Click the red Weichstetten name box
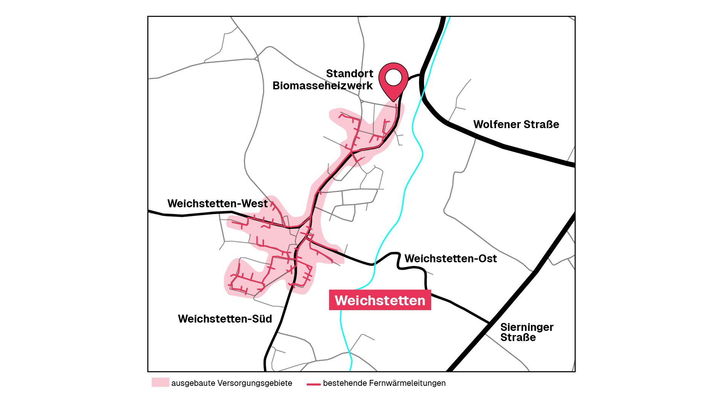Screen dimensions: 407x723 380,300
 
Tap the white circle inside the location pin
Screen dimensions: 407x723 394,78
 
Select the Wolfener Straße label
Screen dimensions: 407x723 516,124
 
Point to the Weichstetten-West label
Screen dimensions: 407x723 217,203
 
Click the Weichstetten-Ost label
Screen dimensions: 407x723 450,259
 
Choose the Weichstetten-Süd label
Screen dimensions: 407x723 225,319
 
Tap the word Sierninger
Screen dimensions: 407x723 526,327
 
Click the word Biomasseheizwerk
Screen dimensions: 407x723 322,86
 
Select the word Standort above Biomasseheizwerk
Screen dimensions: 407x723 349,73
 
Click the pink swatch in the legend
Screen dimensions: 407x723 160,383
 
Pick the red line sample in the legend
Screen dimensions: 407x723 313,384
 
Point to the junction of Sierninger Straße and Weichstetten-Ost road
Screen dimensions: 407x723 489,323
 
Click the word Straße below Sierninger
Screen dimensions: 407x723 518,338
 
